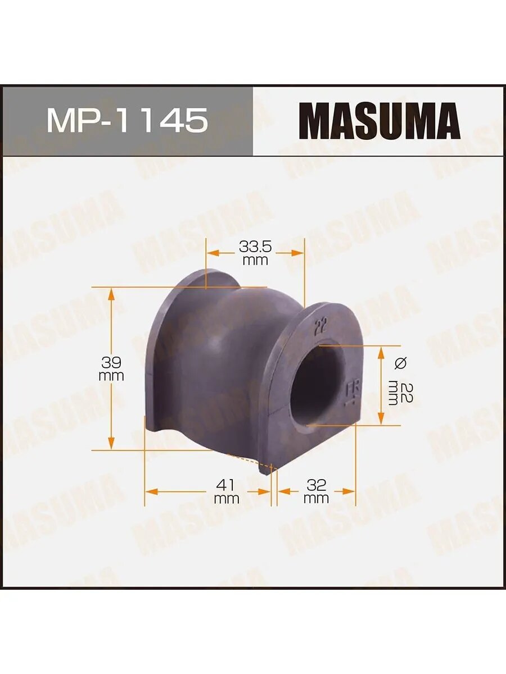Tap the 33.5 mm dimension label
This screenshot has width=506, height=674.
tap(255, 253)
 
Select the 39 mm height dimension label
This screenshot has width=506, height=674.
tap(111, 368)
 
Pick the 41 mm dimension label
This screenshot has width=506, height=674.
tap(227, 491)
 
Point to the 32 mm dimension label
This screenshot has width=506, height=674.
tap(316, 491)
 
